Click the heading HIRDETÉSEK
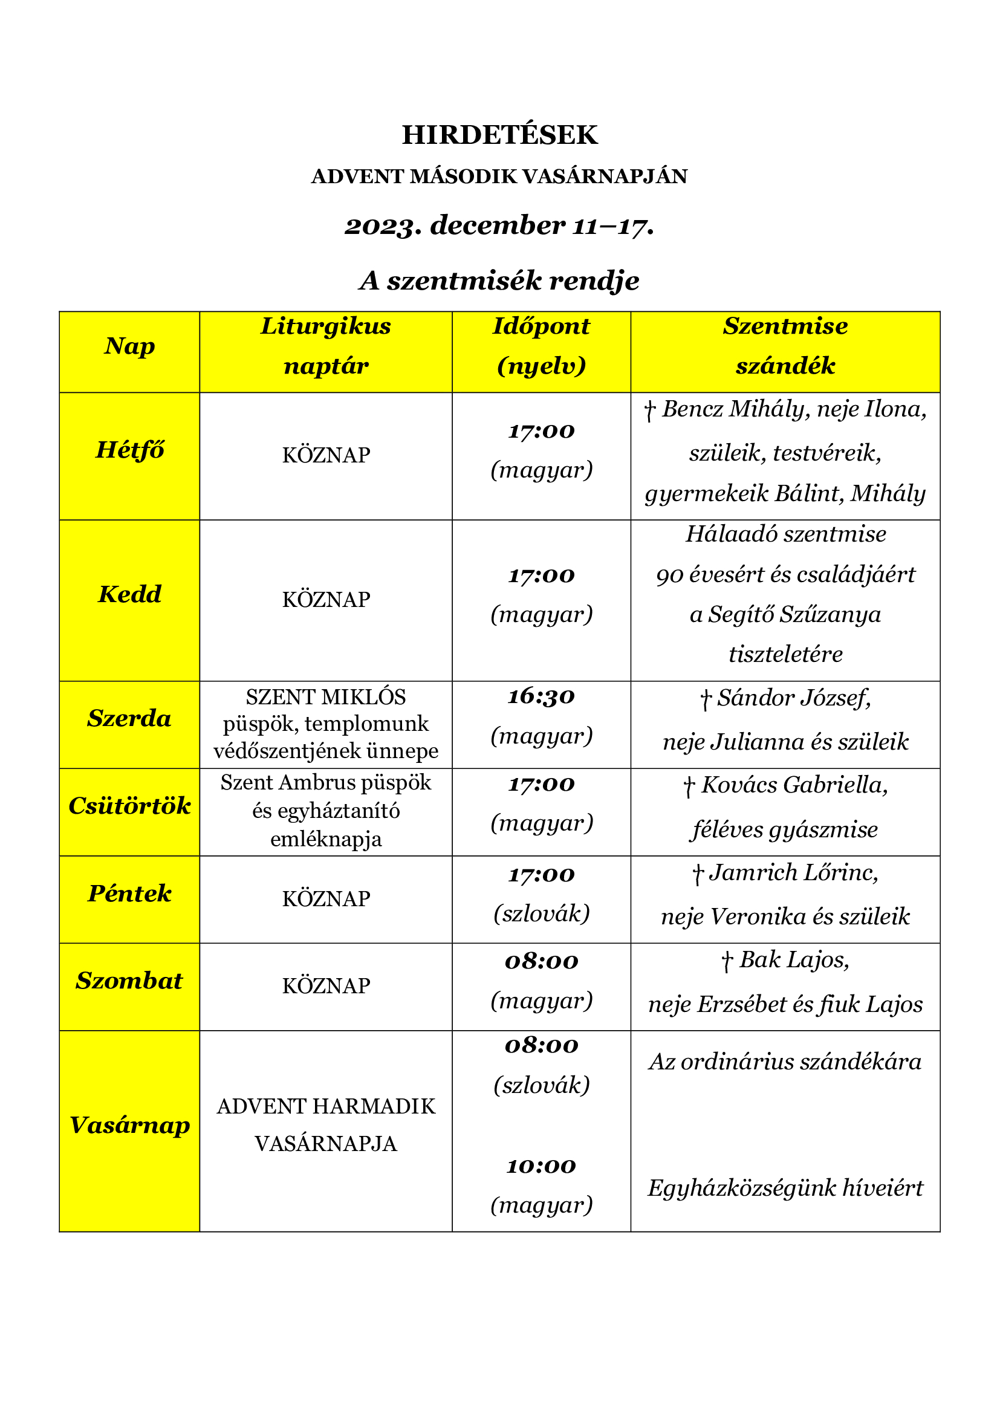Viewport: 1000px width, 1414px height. pyautogui.click(x=499, y=135)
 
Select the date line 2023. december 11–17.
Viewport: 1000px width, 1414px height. pyautogui.click(x=499, y=225)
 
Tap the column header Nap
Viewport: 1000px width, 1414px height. pyautogui.click(x=129, y=346)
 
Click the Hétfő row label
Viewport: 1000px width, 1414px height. pyautogui.click(x=129, y=450)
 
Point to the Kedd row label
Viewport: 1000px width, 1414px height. pyautogui.click(x=129, y=594)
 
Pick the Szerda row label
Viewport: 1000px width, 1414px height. pyautogui.click(x=129, y=719)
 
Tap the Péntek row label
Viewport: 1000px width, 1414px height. pyautogui.click(x=129, y=893)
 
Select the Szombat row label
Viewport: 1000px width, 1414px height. pyautogui.click(x=129, y=981)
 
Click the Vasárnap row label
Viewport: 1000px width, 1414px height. pyautogui.click(x=129, y=1125)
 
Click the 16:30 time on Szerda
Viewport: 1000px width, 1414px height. pyautogui.click(x=541, y=696)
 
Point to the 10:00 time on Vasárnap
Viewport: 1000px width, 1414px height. pyautogui.click(x=541, y=1166)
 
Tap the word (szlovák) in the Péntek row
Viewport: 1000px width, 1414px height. pyautogui.click(x=541, y=913)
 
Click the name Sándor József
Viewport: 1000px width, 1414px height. pyautogui.click(x=793, y=698)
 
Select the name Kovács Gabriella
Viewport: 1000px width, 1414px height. pyautogui.click(x=794, y=785)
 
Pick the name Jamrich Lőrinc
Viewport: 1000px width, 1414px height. pyautogui.click(x=793, y=873)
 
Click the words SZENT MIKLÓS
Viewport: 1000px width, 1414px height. pyautogui.click(x=326, y=697)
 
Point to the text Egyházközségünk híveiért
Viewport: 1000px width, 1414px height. pyautogui.click(x=785, y=1188)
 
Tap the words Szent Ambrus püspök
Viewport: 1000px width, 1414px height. pyautogui.click(x=326, y=783)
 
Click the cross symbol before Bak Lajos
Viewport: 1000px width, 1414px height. pyautogui.click(x=727, y=961)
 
